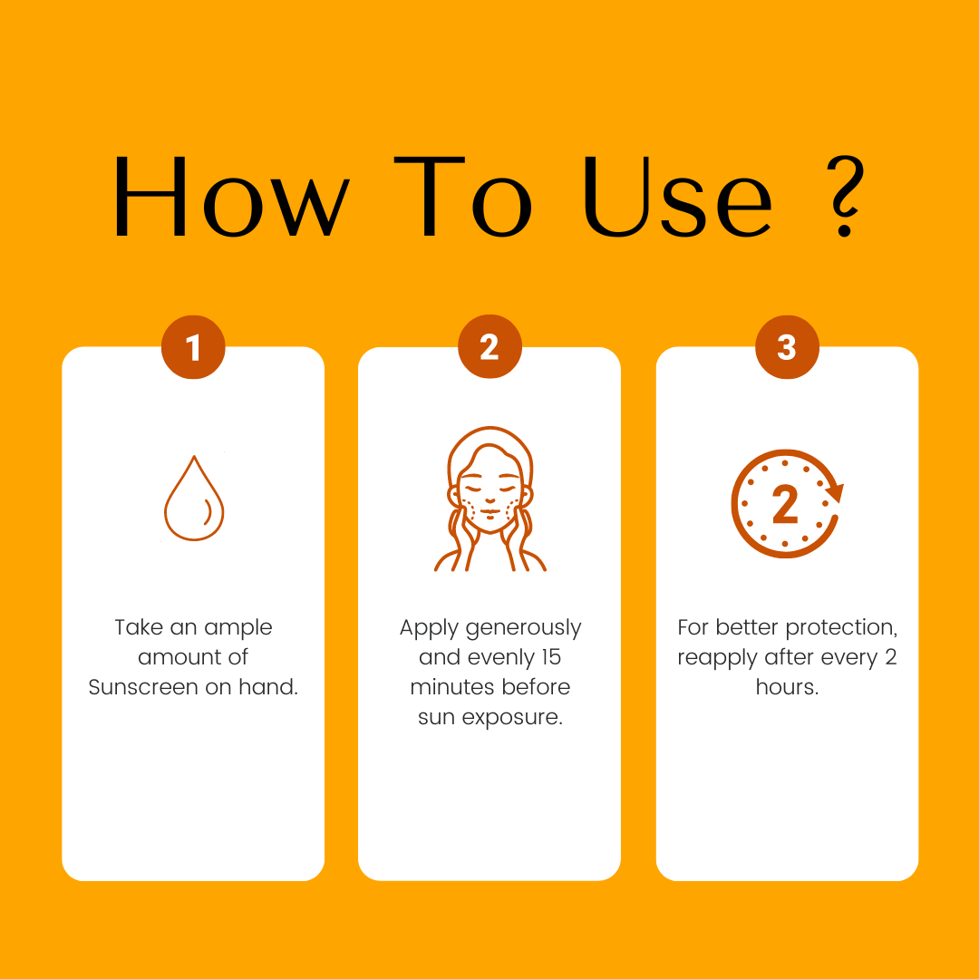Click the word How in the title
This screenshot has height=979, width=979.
(232, 196)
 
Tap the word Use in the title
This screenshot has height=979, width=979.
(678, 196)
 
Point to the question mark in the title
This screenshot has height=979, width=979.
(846, 196)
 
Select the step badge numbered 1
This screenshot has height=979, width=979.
(193, 347)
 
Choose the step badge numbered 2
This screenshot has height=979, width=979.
(489, 346)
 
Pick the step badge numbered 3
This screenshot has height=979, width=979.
(787, 347)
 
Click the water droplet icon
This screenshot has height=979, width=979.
(194, 498)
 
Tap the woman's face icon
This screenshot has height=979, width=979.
(490, 499)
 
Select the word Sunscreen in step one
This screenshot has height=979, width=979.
(143, 687)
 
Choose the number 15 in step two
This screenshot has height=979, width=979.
(551, 657)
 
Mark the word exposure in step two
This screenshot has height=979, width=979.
(512, 718)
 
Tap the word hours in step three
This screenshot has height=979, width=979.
(787, 687)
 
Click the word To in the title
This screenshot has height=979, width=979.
(462, 196)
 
